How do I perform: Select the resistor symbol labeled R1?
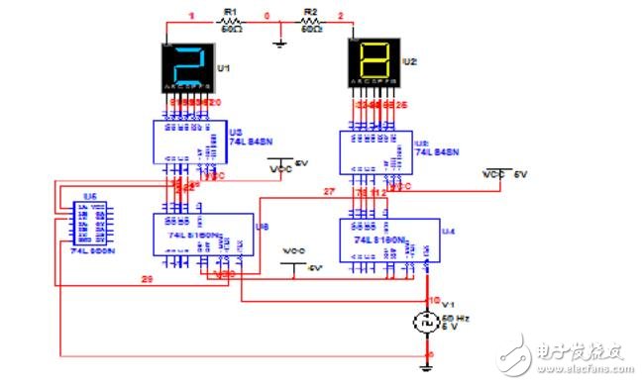coord(230,26)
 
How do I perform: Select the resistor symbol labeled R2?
coord(309,26)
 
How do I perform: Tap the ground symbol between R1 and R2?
coord(281,40)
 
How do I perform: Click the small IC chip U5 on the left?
coord(81,223)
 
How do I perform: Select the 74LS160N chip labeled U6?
coord(192,237)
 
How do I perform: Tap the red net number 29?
coord(146,282)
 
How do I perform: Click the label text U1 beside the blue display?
coord(223,67)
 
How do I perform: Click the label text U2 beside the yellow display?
coord(410,61)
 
